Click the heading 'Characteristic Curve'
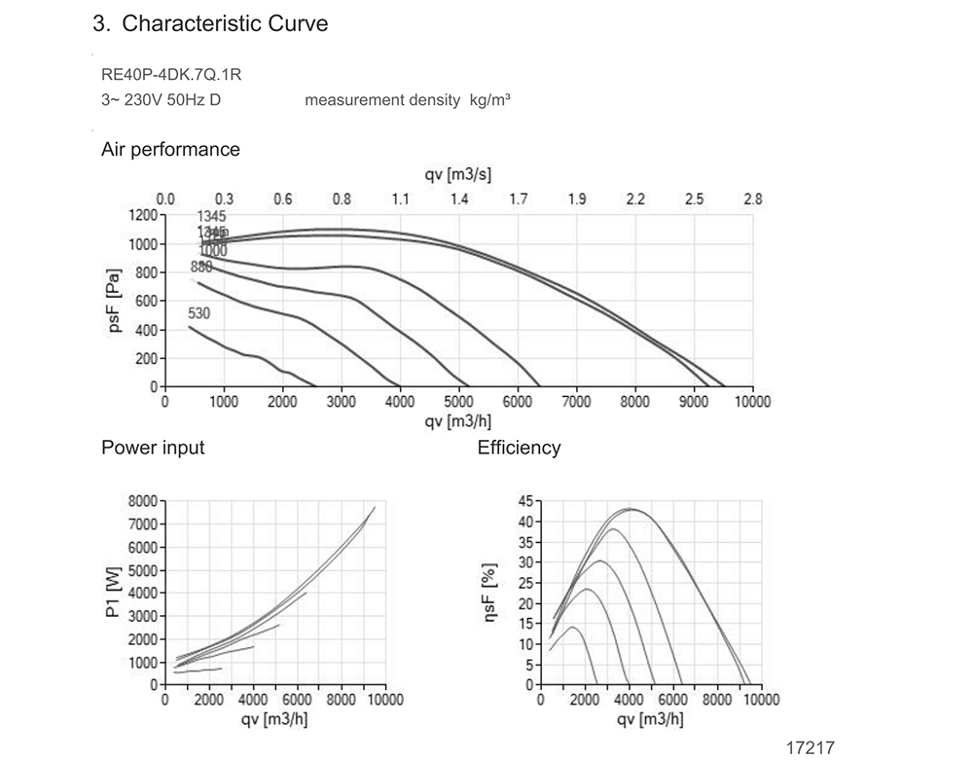tap(225, 24)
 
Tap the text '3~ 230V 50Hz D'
tap(161, 100)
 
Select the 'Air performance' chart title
tap(170, 150)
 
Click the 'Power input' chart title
tap(153, 448)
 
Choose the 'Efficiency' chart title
tap(519, 448)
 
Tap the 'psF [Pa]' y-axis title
tap(116, 301)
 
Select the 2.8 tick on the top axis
tap(752, 199)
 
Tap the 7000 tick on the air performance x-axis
tap(576, 402)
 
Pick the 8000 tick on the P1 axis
tap(142, 501)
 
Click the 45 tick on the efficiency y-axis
tap(524, 501)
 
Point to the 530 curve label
tap(198, 313)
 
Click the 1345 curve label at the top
tap(211, 216)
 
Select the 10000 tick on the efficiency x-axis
tap(762, 700)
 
